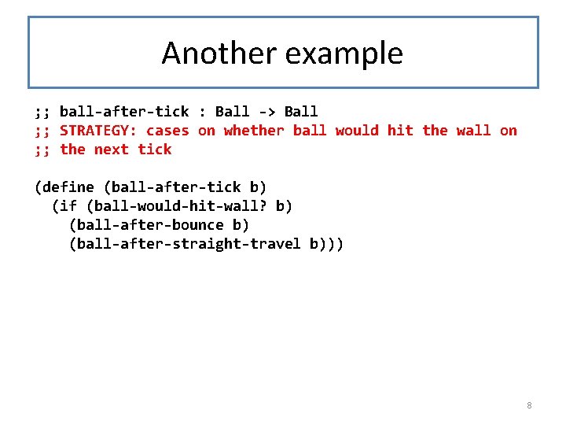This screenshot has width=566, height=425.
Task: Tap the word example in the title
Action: (x=344, y=54)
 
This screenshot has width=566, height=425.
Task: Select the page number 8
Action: (x=529, y=405)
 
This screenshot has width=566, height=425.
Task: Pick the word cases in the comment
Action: (x=167, y=131)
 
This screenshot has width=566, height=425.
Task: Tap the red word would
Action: (x=357, y=131)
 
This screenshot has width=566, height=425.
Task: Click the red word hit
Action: (x=400, y=131)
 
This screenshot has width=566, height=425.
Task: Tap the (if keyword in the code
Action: (x=64, y=206)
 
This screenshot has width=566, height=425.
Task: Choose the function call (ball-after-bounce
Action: (x=145, y=225)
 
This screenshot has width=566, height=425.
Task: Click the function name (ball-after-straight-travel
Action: (x=185, y=244)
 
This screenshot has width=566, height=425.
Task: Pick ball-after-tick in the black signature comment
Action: (x=124, y=112)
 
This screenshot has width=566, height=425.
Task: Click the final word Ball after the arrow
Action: (x=301, y=112)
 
